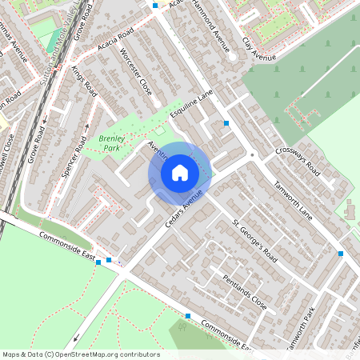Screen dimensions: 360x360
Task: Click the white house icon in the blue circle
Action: point(180,173)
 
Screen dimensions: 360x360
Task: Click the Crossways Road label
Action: point(297,162)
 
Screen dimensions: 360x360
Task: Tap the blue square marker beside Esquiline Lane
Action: point(226,123)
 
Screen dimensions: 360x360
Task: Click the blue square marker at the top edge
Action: point(155,5)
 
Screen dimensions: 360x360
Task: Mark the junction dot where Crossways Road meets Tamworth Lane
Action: point(252,154)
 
